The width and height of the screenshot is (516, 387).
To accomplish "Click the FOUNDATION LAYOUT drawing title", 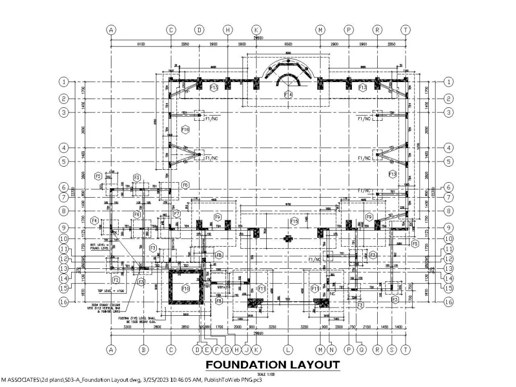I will [273, 365].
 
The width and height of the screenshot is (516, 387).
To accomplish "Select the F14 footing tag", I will [288, 94].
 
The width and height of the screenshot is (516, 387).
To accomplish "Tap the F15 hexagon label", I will [294, 221].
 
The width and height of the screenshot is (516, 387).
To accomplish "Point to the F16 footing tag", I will [185, 130].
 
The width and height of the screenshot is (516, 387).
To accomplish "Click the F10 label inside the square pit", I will [185, 288].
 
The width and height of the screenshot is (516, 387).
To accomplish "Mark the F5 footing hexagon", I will [414, 243].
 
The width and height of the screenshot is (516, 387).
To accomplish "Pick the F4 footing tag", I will [94, 221].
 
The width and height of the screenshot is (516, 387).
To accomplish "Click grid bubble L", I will [288, 350].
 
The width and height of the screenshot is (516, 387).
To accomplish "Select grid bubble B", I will [144, 350].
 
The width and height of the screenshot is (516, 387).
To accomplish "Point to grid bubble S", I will [392, 350].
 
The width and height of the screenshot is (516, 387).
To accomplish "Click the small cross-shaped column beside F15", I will [288, 239].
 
